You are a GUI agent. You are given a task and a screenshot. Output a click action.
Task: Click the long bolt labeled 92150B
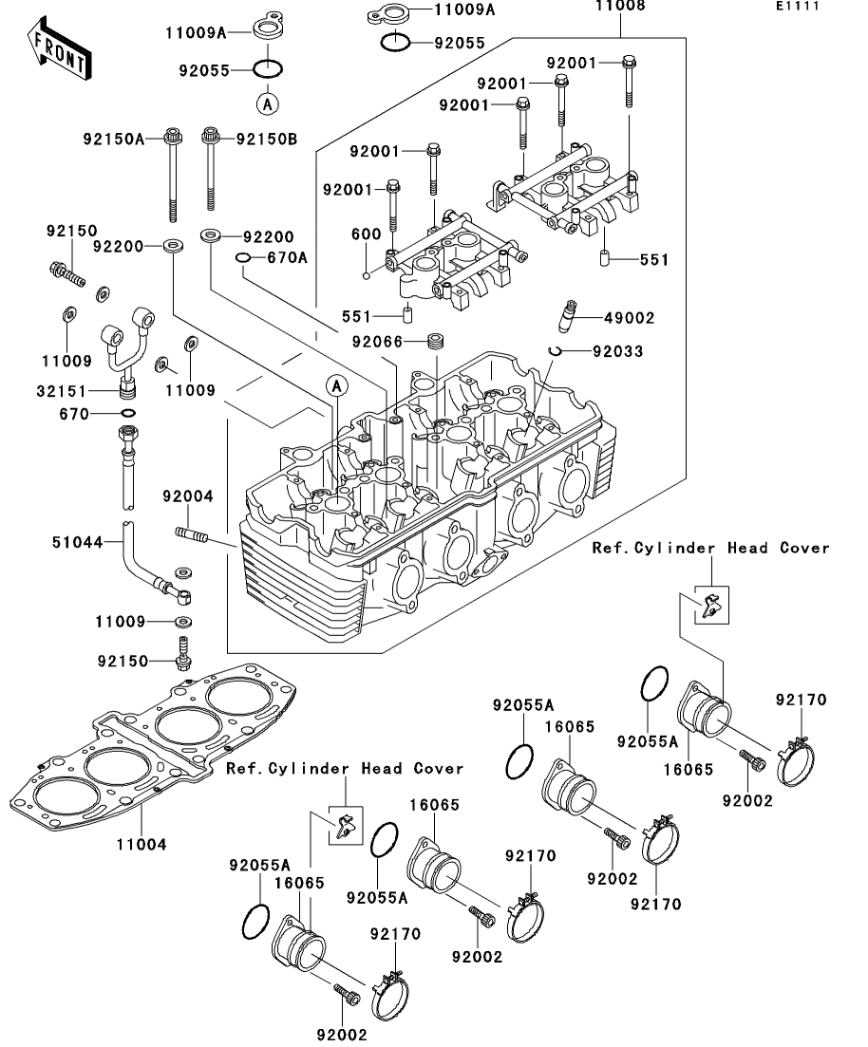210,171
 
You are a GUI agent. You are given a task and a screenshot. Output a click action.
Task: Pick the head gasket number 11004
142,843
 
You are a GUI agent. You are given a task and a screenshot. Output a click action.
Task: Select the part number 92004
187,496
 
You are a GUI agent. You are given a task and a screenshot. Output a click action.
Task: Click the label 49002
623,318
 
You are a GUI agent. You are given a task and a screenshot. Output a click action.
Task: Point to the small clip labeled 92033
557,351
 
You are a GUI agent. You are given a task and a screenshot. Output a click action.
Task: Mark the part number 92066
376,341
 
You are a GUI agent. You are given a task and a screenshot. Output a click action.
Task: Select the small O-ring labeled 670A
242,257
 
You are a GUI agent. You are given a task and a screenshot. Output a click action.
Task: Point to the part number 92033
617,352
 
